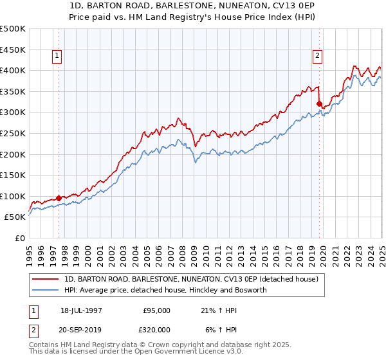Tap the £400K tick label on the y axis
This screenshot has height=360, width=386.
tap(12, 70)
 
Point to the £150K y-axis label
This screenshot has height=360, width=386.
tap(12, 175)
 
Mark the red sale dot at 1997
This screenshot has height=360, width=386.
tap(59, 198)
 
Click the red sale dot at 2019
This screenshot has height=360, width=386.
tap(319, 103)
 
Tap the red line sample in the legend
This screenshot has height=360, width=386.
tap(46, 280)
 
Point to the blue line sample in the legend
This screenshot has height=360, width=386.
tap(46, 290)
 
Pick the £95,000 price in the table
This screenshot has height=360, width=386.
tap(156, 310)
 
